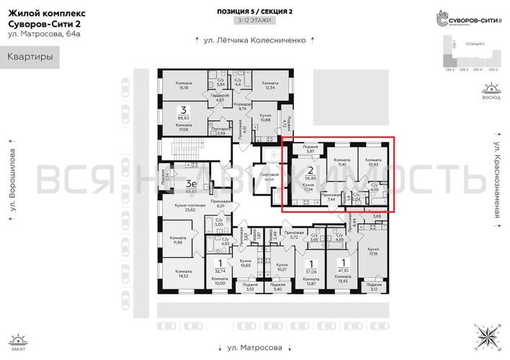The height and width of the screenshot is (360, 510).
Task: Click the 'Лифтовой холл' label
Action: [x=269, y=177]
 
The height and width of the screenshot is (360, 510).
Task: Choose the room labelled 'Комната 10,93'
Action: [x=373, y=163]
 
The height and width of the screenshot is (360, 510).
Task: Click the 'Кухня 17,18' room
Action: [x=374, y=252]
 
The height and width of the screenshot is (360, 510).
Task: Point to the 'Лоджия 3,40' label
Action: [x=274, y=287]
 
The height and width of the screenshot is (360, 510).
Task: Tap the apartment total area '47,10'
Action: [x=344, y=272]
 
